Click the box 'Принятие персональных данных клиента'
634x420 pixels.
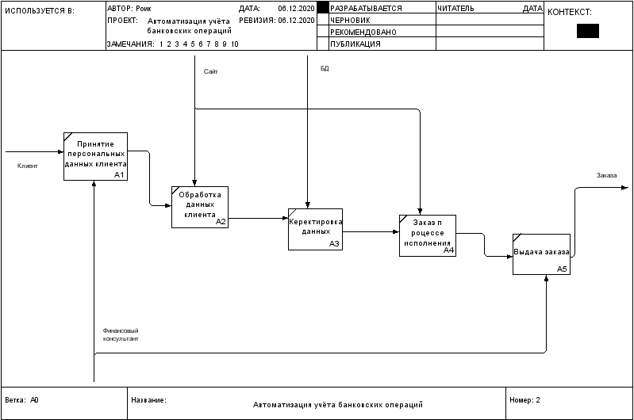tap(95, 156)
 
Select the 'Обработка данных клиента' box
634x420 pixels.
tap(200, 207)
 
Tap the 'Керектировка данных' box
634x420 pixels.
tap(315, 229)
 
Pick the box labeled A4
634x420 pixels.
tap(428, 236)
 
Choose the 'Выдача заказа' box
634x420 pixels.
tap(541, 254)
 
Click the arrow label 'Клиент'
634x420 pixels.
tap(28, 166)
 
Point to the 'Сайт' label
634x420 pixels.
tap(210, 71)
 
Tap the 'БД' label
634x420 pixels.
tap(325, 68)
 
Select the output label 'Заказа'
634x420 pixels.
tap(606, 175)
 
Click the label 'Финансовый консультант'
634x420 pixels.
tap(121, 334)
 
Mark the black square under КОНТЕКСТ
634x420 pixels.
tap(588, 31)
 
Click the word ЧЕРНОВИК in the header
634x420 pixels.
tap(350, 20)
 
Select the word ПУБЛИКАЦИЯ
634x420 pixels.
tap(355, 44)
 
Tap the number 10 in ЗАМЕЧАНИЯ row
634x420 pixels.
tap(235, 44)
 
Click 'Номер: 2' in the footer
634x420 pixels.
tap(524, 400)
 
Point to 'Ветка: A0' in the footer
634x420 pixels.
tap(22, 400)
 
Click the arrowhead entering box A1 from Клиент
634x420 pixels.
tap(61, 152)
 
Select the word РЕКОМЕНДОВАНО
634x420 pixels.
tap(363, 32)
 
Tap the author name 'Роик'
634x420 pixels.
tap(144, 9)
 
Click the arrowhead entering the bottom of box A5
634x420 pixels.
tap(546, 278)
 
